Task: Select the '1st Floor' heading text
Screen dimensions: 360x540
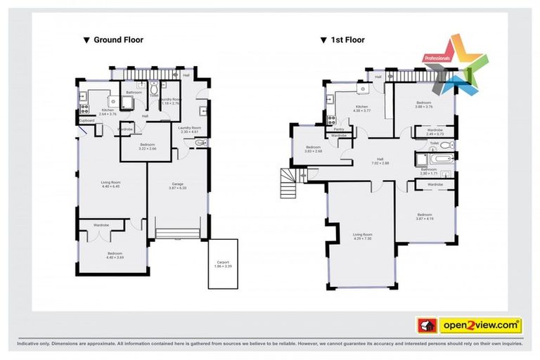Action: point(348,40)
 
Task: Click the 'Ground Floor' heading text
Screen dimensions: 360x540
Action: point(118,40)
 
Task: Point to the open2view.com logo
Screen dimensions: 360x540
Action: point(480,325)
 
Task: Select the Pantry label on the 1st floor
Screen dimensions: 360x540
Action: point(338,129)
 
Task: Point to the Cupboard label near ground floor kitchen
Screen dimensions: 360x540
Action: point(86,120)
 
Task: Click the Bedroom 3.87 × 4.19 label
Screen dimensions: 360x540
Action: point(424,217)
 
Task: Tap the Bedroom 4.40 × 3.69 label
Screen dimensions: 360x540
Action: point(115,255)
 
